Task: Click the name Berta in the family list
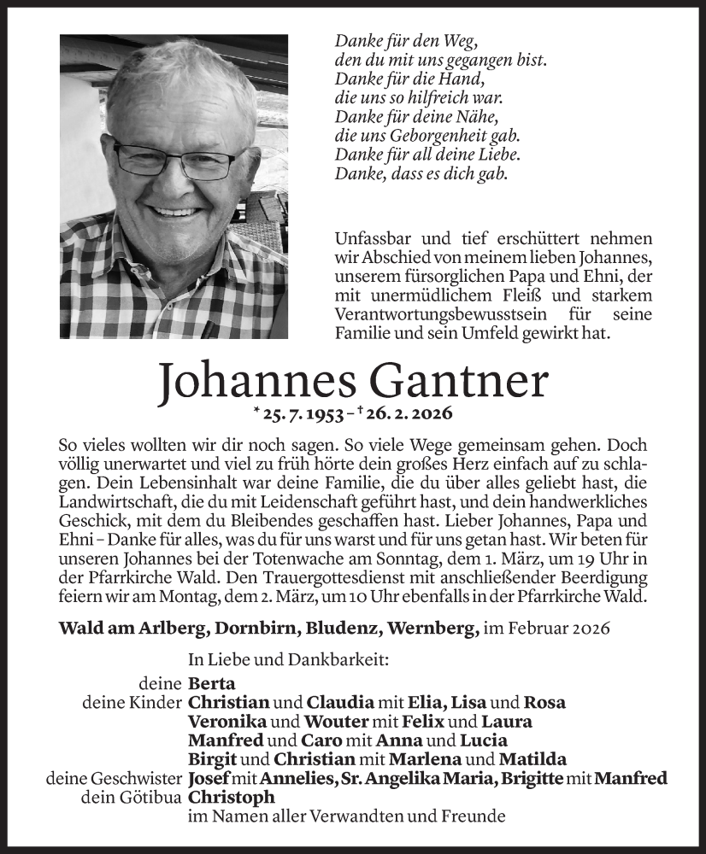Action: (211, 683)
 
